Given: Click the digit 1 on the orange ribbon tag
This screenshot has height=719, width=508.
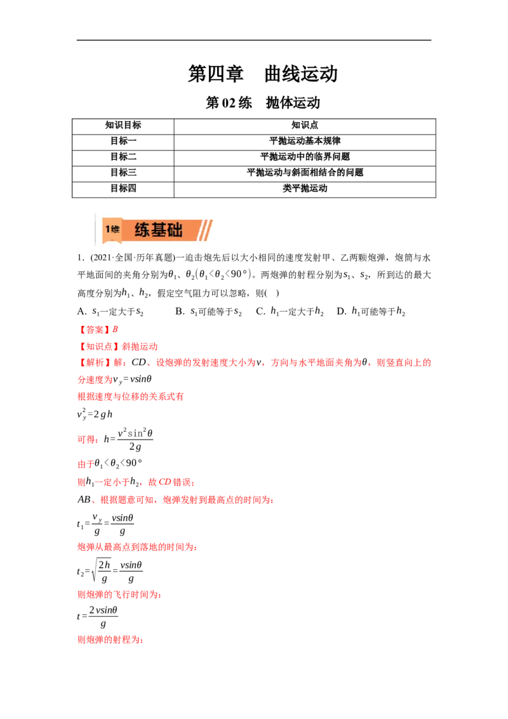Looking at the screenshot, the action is [x=107, y=229].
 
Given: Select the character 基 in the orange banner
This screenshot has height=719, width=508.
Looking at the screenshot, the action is [x=158, y=230].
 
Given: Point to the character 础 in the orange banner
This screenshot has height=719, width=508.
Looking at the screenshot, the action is [x=175, y=230].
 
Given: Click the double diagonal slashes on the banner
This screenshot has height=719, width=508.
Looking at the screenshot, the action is [x=204, y=230].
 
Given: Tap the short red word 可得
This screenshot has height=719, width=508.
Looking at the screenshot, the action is [x=87, y=439].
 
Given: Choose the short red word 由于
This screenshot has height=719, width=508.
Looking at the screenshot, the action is [x=85, y=465].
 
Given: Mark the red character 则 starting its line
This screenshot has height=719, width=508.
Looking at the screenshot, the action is [x=81, y=483].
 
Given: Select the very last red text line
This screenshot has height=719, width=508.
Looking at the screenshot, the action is [x=110, y=640].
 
